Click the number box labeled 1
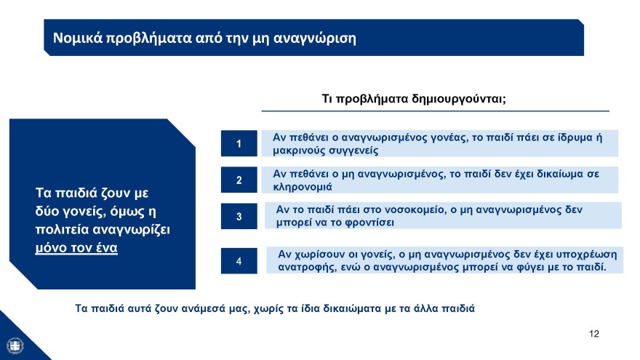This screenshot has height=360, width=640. click(x=239, y=143)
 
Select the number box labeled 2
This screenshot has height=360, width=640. click(x=239, y=180)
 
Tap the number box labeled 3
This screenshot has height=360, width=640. click(x=239, y=216)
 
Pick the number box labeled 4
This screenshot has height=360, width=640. click(x=239, y=260)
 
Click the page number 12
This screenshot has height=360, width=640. click(x=594, y=334)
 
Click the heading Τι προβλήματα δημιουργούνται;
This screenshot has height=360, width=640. click(x=414, y=99)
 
